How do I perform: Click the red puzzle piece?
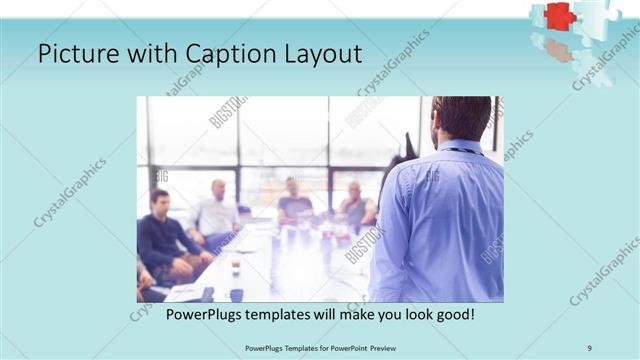click(561, 16)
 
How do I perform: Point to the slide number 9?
click(590, 347)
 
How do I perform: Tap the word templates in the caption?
click(289, 314)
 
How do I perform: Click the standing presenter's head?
click(462, 117)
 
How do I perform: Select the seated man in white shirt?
click(216, 215)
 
